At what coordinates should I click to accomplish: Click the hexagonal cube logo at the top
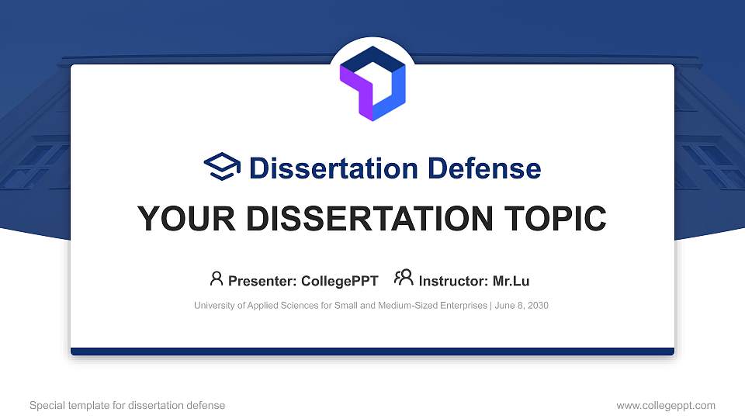(372, 83)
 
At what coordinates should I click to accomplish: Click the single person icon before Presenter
(217, 279)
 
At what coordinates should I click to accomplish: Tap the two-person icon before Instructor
(404, 279)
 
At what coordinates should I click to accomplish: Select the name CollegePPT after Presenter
(340, 281)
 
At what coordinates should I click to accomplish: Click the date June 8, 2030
(521, 306)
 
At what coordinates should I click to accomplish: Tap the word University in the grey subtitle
(215, 306)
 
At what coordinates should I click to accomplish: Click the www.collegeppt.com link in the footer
(665, 405)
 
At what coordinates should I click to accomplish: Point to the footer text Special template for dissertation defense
(127, 405)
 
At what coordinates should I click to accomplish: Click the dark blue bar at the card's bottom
(372, 351)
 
